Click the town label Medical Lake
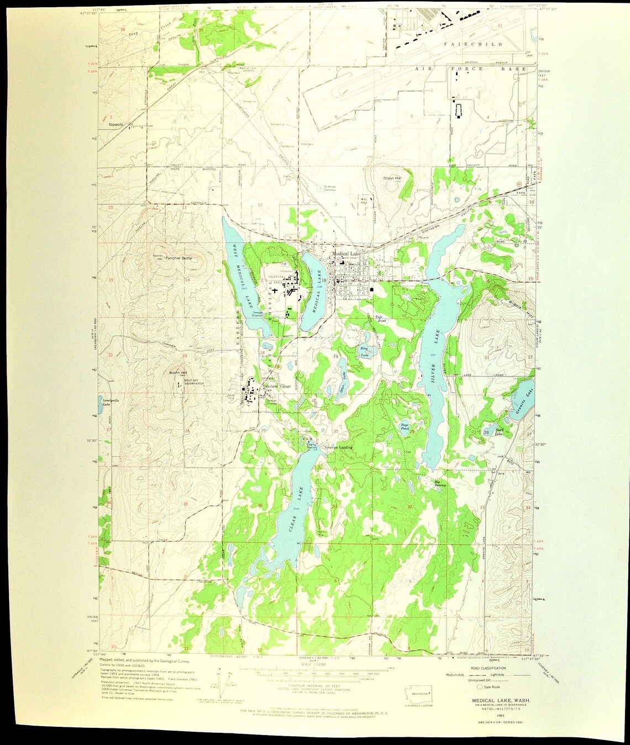347,253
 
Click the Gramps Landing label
338,447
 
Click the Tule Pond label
380,319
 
